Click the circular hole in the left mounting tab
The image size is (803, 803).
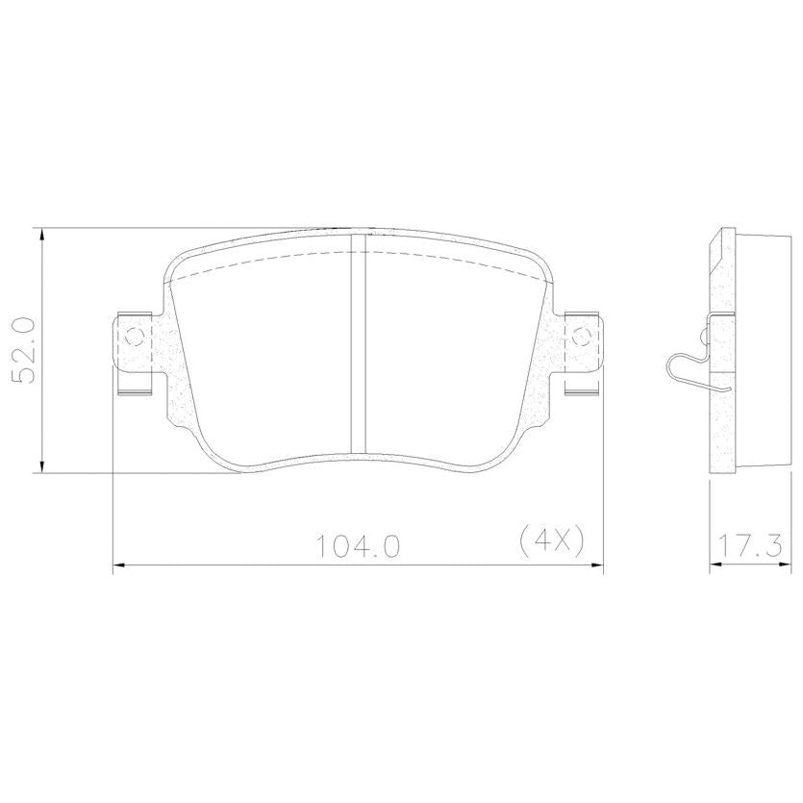pos(136,337)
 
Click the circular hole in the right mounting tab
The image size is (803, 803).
pos(581,337)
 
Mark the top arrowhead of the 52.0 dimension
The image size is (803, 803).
pos(42,235)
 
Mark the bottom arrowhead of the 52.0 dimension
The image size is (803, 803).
pos(42,465)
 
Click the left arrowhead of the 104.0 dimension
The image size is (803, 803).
pos(119,565)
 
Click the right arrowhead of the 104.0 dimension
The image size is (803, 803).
pos(596,565)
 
